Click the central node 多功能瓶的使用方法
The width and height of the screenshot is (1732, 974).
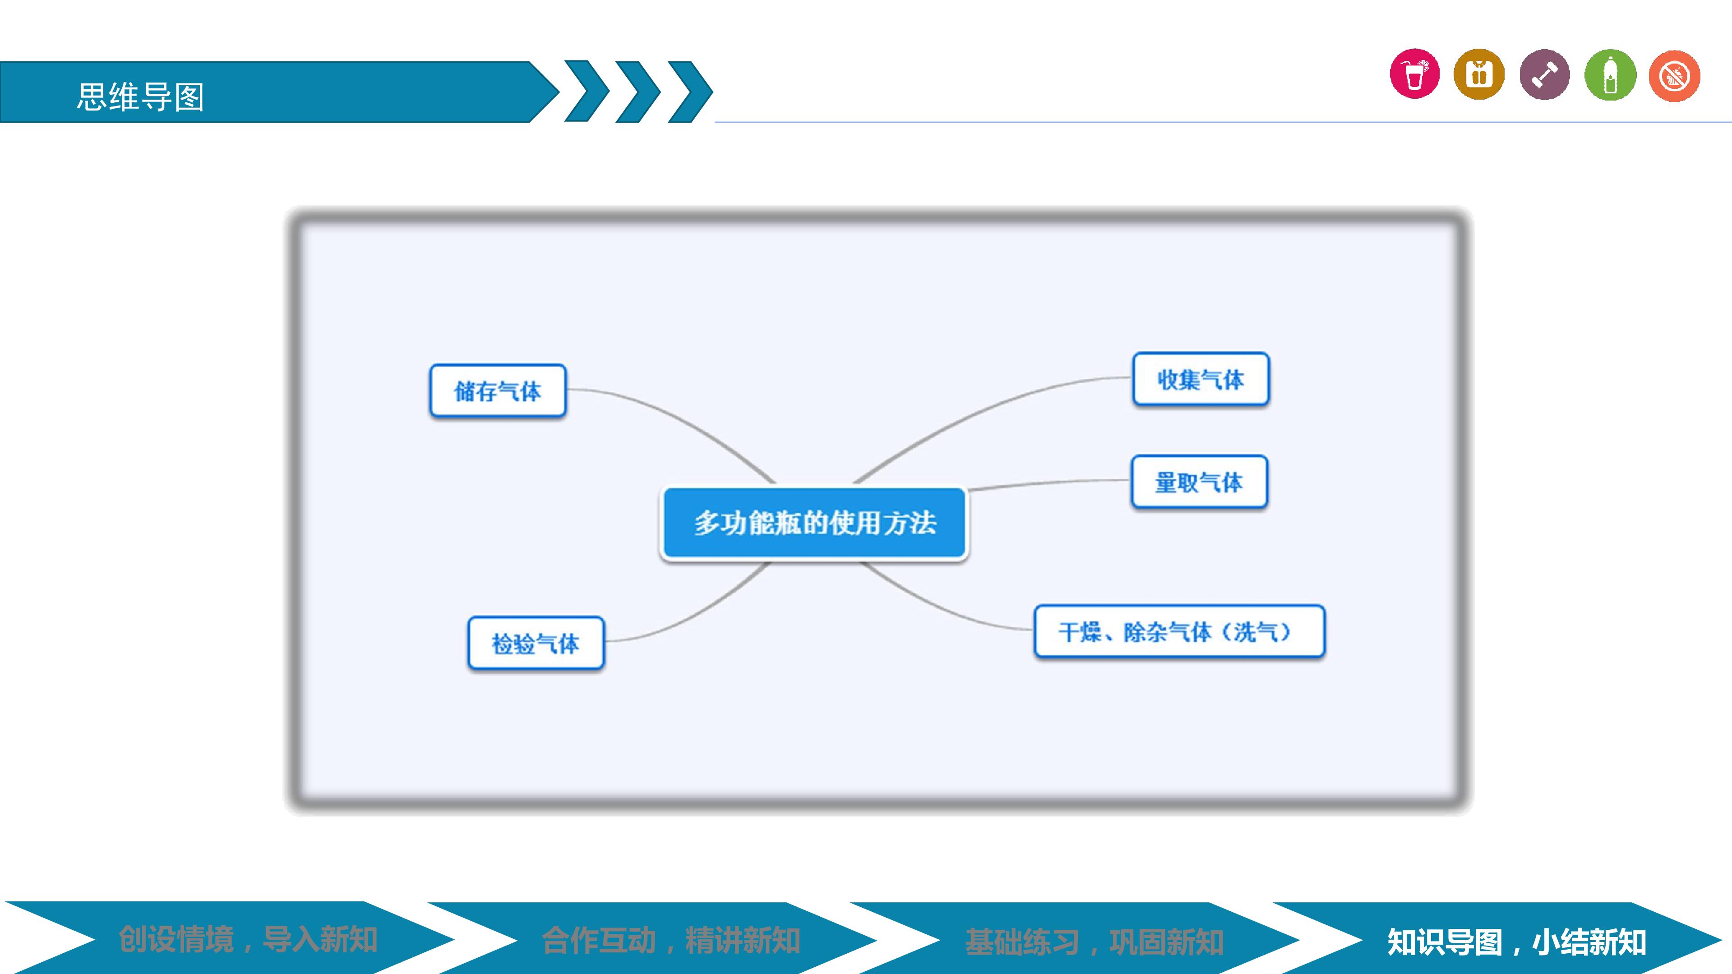tap(814, 523)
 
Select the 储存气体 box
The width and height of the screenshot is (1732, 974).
tap(498, 391)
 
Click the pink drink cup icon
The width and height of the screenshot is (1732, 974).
tap(1415, 74)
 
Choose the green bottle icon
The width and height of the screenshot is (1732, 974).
tap(1610, 74)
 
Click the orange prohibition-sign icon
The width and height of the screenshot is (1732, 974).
tap(1674, 76)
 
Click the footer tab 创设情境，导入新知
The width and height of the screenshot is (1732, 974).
tap(248, 939)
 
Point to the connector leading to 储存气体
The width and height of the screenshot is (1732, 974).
tap(679, 420)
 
